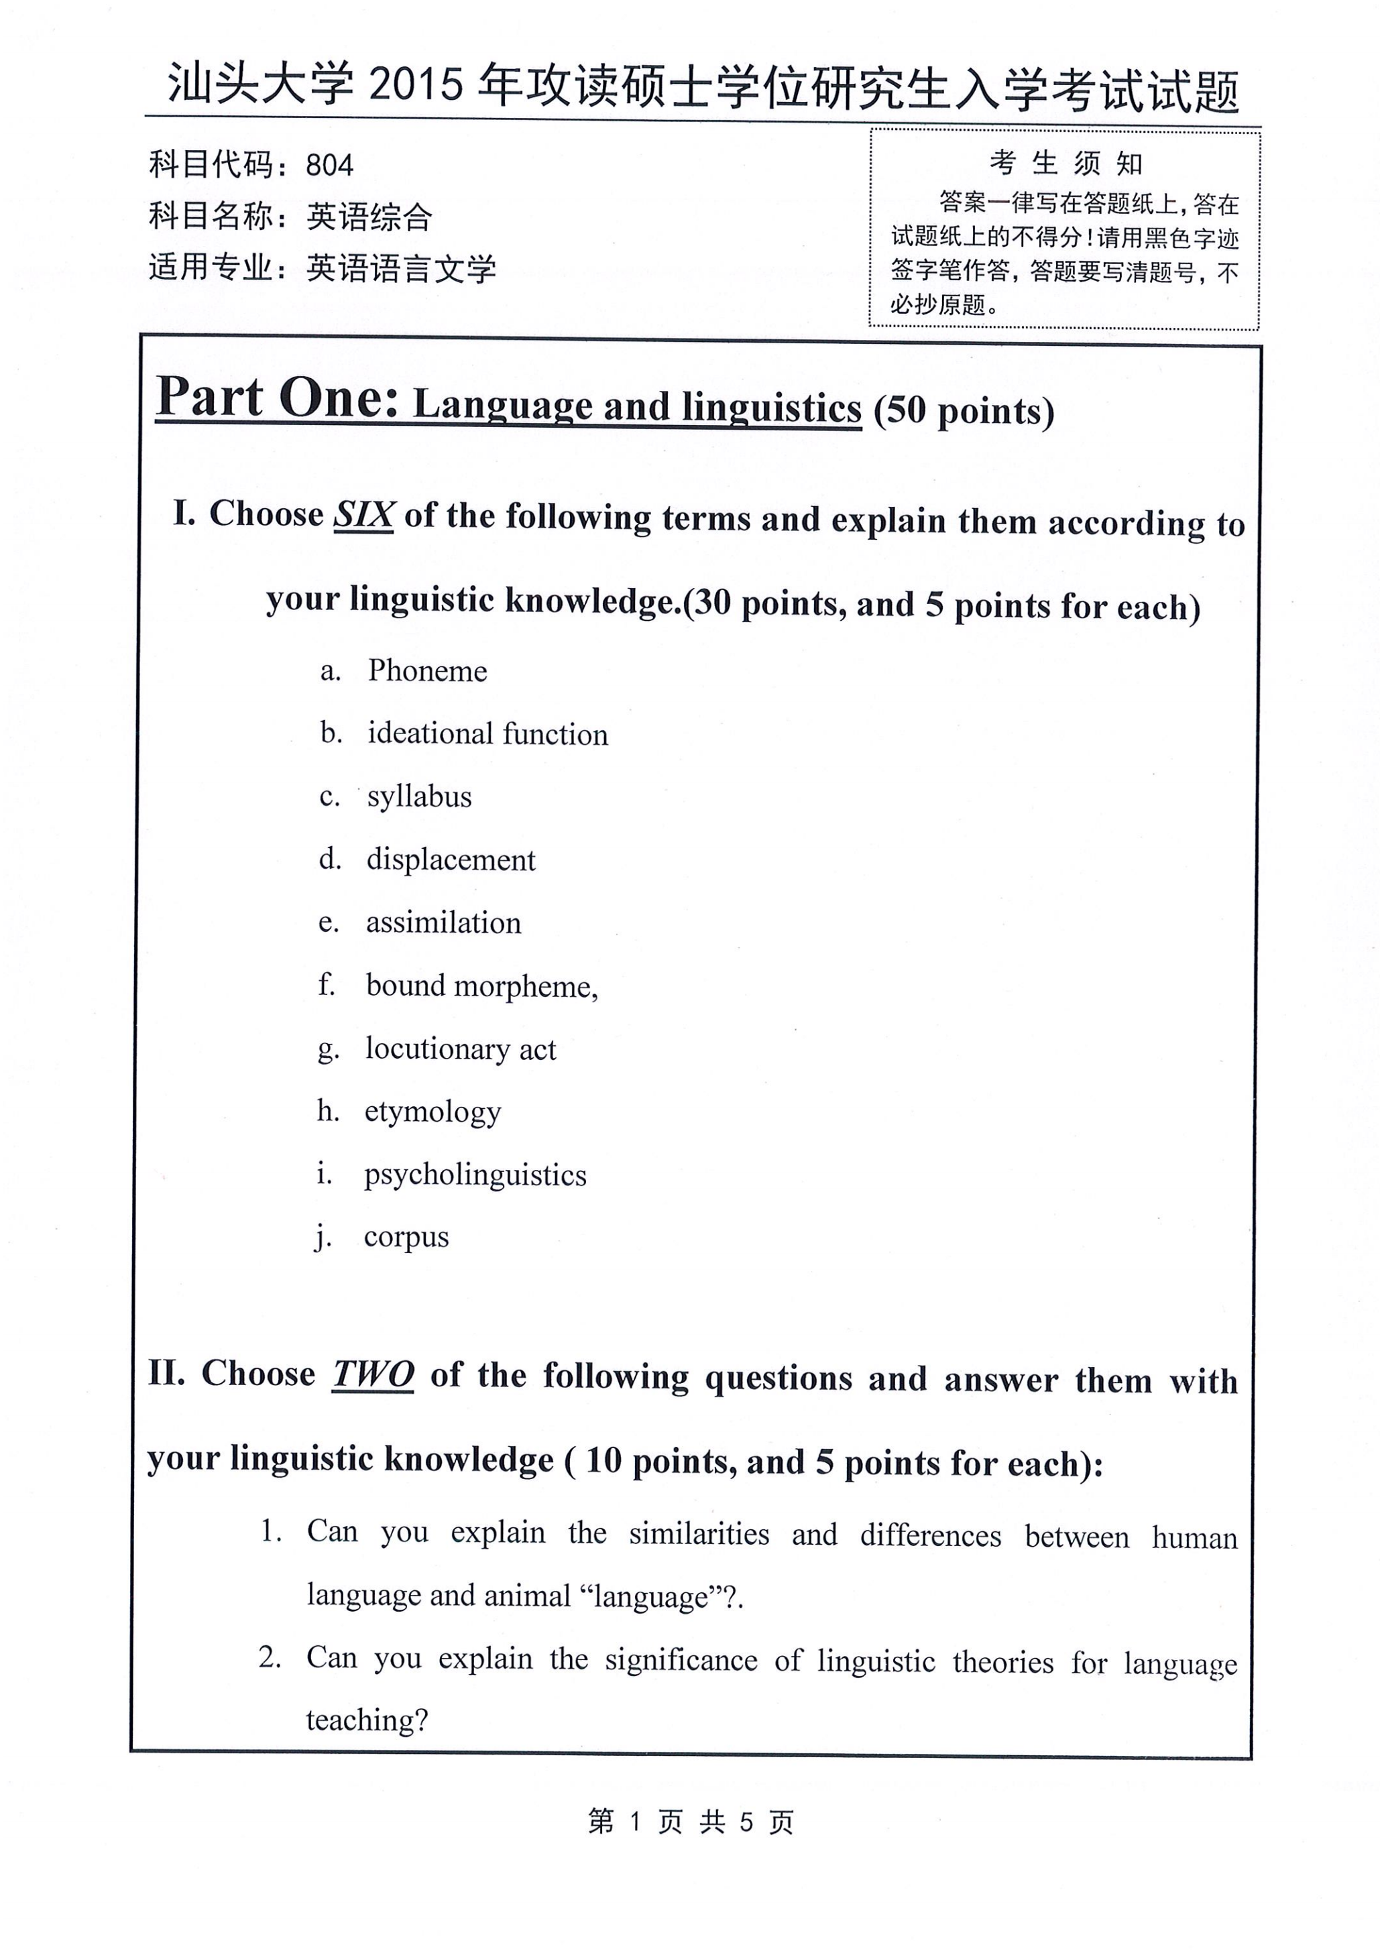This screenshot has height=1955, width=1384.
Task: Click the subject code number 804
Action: click(x=329, y=164)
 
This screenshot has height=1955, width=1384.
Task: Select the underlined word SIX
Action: click(x=363, y=514)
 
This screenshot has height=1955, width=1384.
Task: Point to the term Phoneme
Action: click(x=427, y=671)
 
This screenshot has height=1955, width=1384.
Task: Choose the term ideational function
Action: click(x=487, y=734)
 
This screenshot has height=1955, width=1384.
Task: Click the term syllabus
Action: click(x=419, y=796)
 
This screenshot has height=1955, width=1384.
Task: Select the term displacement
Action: click(x=451, y=860)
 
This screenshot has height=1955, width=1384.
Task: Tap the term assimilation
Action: click(x=443, y=923)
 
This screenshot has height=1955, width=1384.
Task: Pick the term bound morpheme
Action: click(x=481, y=986)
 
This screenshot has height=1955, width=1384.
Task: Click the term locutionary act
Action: click(x=460, y=1049)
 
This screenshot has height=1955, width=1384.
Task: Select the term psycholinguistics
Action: click(x=475, y=1175)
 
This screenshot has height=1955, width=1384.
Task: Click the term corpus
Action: click(x=406, y=1237)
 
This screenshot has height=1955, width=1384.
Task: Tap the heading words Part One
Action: click(x=277, y=398)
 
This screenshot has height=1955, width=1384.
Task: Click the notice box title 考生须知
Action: click(x=1065, y=162)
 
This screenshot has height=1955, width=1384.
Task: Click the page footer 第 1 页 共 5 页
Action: click(x=690, y=1822)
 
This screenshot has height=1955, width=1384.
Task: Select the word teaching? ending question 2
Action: click(x=367, y=1720)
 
